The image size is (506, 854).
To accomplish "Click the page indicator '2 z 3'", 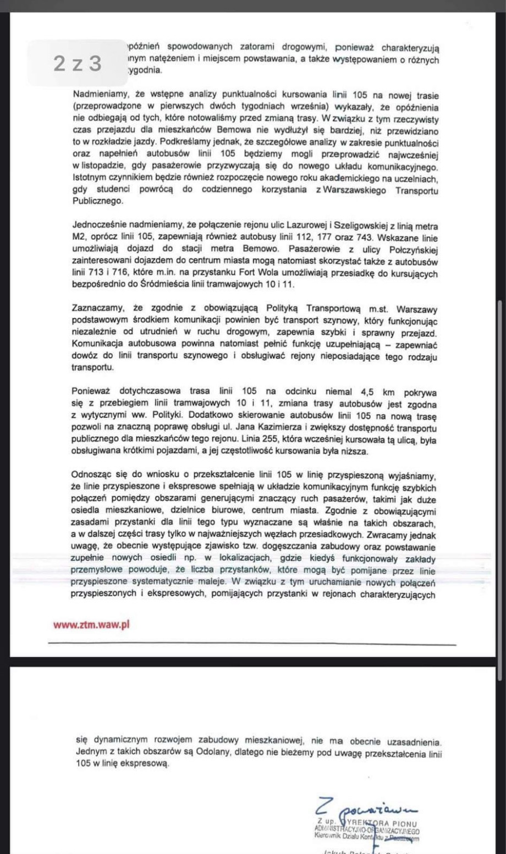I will tap(78, 64).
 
